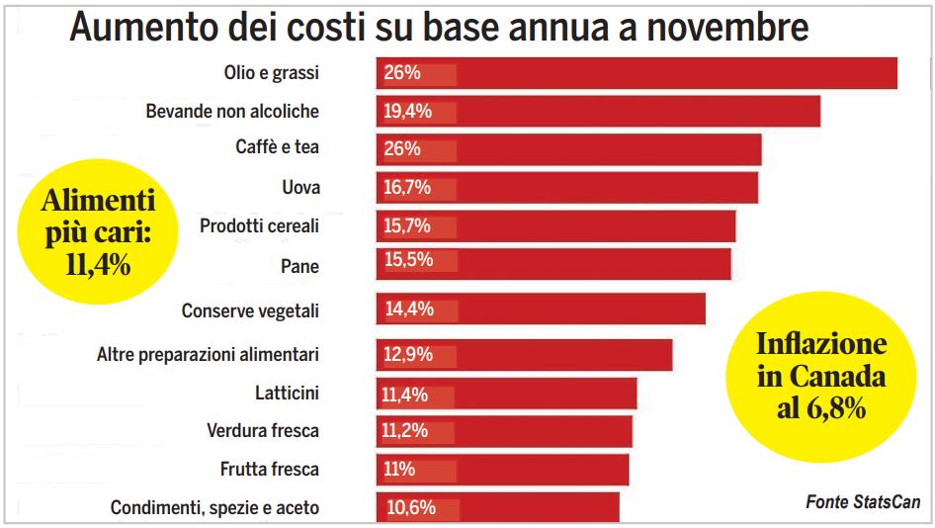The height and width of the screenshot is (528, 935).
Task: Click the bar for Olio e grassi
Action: [672, 73]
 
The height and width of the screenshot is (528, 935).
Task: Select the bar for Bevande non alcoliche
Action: [633, 111]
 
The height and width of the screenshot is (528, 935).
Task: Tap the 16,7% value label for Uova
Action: [406, 187]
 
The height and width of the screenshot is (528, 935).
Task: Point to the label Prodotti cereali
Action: [259, 226]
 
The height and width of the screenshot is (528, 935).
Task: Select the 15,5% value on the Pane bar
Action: [406, 262]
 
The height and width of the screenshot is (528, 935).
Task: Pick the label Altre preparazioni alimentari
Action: [208, 353]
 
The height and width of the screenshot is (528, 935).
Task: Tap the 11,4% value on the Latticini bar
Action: [405, 395]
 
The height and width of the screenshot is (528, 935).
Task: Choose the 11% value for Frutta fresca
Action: [398, 469]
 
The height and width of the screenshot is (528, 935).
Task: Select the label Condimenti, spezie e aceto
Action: [214, 508]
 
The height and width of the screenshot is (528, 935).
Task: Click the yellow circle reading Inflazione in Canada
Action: [820, 377]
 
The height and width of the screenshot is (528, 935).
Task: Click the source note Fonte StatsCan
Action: [863, 502]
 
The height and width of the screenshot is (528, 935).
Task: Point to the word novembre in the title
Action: [726, 27]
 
